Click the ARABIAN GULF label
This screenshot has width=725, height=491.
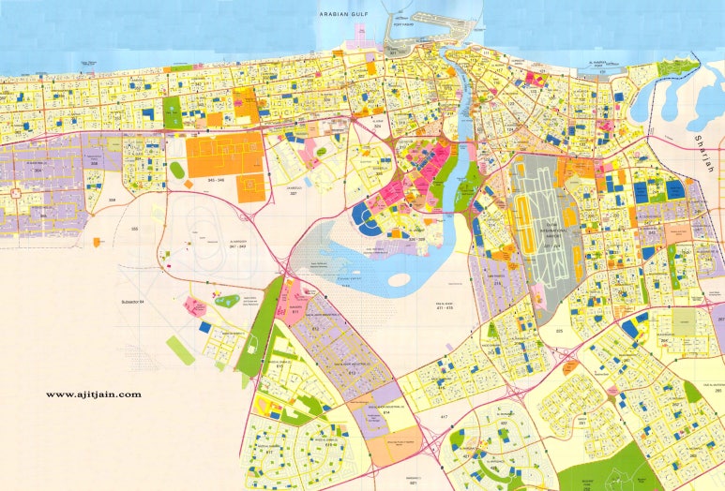pyautogui.click(x=346, y=13)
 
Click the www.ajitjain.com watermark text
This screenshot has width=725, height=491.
pyautogui.click(x=93, y=394)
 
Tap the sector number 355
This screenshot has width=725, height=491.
pyautogui.click(x=134, y=230)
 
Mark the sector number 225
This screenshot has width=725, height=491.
pyautogui.click(x=559, y=331)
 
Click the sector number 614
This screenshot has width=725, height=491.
pyautogui.click(x=360, y=412)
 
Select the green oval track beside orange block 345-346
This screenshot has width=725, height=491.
pyautogui.click(x=176, y=170)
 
